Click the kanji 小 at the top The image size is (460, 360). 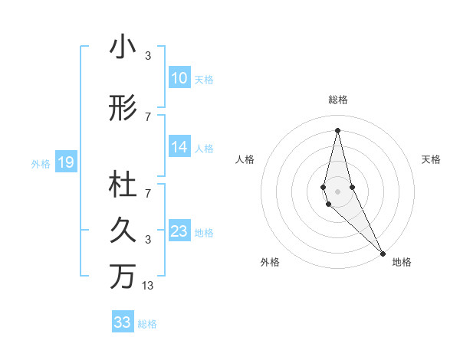123,47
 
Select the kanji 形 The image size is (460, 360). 123,110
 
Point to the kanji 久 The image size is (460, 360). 123,230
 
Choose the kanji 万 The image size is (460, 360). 123,276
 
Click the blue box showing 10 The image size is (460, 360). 179,78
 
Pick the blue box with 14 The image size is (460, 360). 179,148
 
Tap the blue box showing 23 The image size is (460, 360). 179,232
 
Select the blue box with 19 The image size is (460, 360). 65,162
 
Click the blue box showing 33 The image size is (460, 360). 123,322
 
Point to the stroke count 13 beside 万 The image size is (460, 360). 148,286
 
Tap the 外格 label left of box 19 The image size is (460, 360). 41,163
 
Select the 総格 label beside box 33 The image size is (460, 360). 147,324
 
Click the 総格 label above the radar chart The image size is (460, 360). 338,100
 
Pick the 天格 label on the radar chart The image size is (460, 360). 431,159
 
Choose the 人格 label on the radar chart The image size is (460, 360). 245,159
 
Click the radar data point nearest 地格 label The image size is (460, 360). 383,253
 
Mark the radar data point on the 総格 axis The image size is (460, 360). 337,130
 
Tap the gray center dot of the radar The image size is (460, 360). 338,191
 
